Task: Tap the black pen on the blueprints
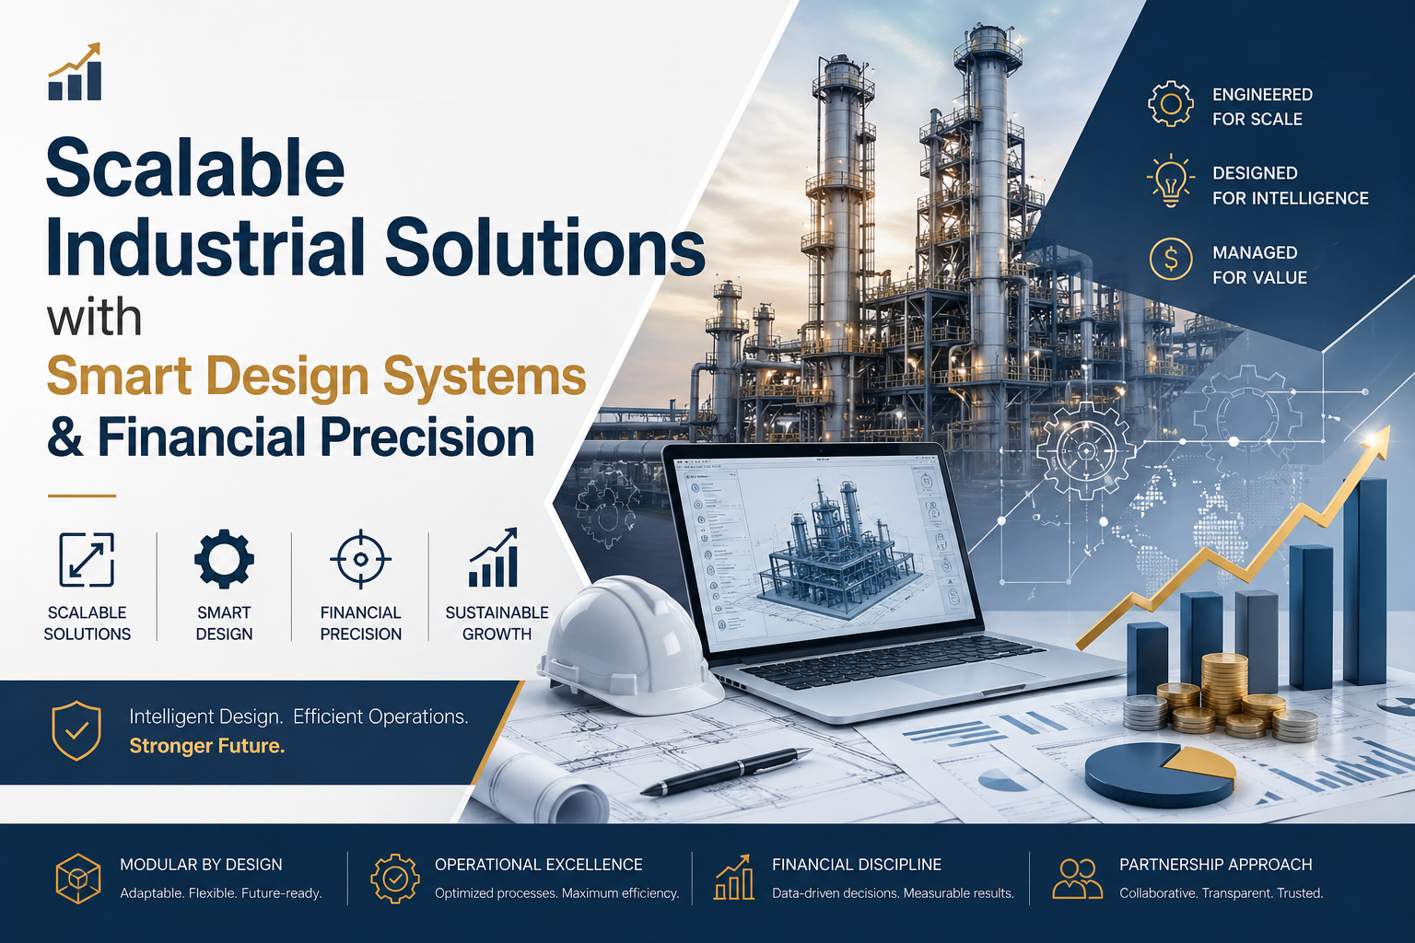coord(728,772)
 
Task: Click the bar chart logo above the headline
coord(75,72)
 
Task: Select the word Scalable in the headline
coord(195,168)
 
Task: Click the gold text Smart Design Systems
coord(316,377)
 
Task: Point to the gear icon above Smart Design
coord(224,559)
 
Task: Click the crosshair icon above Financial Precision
coord(360,559)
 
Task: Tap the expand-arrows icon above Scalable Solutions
coord(87,559)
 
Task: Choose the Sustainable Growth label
coord(497,623)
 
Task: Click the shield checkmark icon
coord(76,730)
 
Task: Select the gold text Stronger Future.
coord(207,746)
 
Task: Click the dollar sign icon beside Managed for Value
coord(1171,260)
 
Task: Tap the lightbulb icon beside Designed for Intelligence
coord(1171,180)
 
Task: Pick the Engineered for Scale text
coord(1262,107)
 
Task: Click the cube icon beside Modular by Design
coord(78,879)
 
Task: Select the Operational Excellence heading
coord(539,865)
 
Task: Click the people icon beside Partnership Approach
coord(1077,879)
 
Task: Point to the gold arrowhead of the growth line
coord(1379,439)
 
